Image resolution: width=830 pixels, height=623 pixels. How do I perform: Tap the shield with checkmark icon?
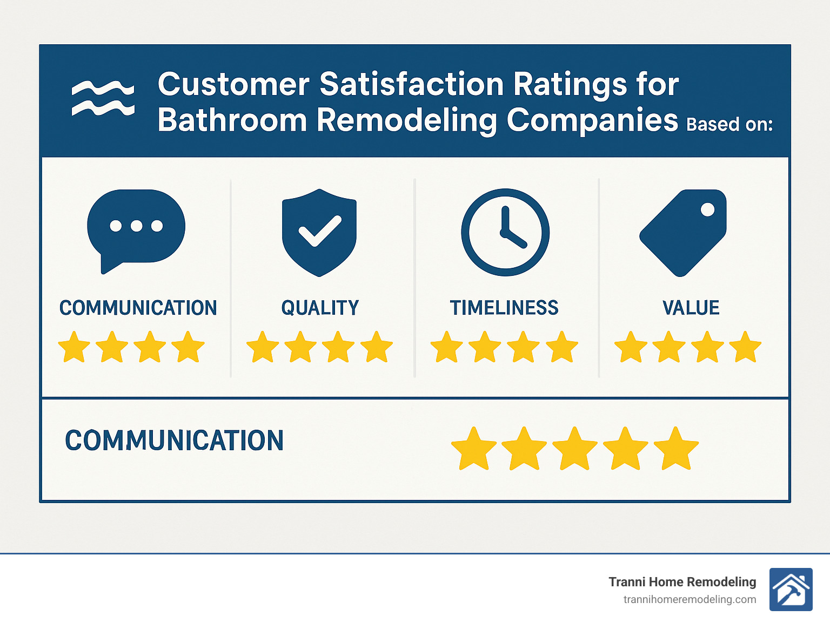[319, 232]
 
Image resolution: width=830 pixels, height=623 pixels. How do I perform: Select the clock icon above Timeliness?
[505, 232]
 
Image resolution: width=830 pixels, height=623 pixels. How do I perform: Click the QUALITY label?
[320, 308]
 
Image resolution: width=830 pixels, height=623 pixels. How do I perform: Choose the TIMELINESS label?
[504, 308]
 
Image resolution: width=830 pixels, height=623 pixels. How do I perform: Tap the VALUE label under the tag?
[691, 308]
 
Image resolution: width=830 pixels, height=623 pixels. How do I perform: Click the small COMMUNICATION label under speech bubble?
[138, 308]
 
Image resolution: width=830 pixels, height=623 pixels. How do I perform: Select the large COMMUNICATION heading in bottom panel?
[174, 441]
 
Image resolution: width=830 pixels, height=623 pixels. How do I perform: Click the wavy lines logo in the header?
[103, 98]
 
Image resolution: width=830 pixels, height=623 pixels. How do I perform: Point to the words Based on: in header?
[729, 124]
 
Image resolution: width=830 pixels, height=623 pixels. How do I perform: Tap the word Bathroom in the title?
[232, 120]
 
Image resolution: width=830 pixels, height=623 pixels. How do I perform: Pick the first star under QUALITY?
[263, 347]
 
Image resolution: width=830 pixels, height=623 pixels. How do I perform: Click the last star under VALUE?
[745, 347]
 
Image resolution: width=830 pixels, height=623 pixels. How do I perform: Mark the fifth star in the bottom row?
[676, 449]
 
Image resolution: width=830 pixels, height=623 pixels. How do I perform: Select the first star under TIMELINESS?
[447, 347]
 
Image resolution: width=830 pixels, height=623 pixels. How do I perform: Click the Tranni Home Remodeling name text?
[682, 582]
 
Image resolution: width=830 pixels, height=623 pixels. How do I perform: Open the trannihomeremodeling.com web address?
[690, 599]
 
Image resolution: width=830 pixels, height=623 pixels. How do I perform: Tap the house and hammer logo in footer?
[791, 590]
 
